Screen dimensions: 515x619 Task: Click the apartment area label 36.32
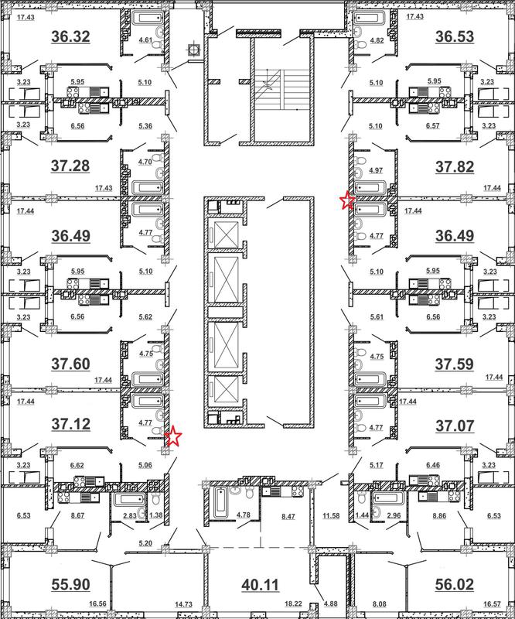[70, 36]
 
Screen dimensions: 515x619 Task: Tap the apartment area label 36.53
[455, 36]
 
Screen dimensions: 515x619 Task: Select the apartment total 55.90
[70, 585]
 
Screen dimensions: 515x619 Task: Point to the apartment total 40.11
[260, 585]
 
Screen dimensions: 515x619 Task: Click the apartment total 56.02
[455, 585]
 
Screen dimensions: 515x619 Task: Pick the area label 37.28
[70, 166]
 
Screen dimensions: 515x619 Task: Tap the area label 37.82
[455, 167]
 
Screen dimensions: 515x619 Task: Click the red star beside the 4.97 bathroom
[347, 200]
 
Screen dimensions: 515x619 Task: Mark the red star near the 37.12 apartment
[173, 436]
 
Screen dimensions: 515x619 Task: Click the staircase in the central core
[284, 89]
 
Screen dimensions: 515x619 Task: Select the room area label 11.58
[331, 515]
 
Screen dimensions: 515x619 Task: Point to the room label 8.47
[288, 516]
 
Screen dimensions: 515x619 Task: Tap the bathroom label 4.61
[145, 40]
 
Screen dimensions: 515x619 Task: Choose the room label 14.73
[183, 604]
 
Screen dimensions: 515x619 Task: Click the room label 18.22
[293, 604]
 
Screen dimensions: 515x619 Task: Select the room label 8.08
[379, 604]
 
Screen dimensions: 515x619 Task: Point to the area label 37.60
[70, 364]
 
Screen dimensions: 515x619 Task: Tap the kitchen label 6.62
[77, 466]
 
